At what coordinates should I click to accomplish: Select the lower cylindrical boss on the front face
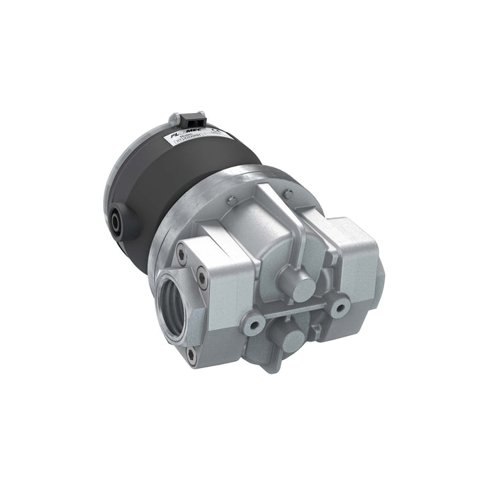[293, 341]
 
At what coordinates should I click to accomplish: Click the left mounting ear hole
[254, 325]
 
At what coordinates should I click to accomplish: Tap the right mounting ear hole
[340, 305]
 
